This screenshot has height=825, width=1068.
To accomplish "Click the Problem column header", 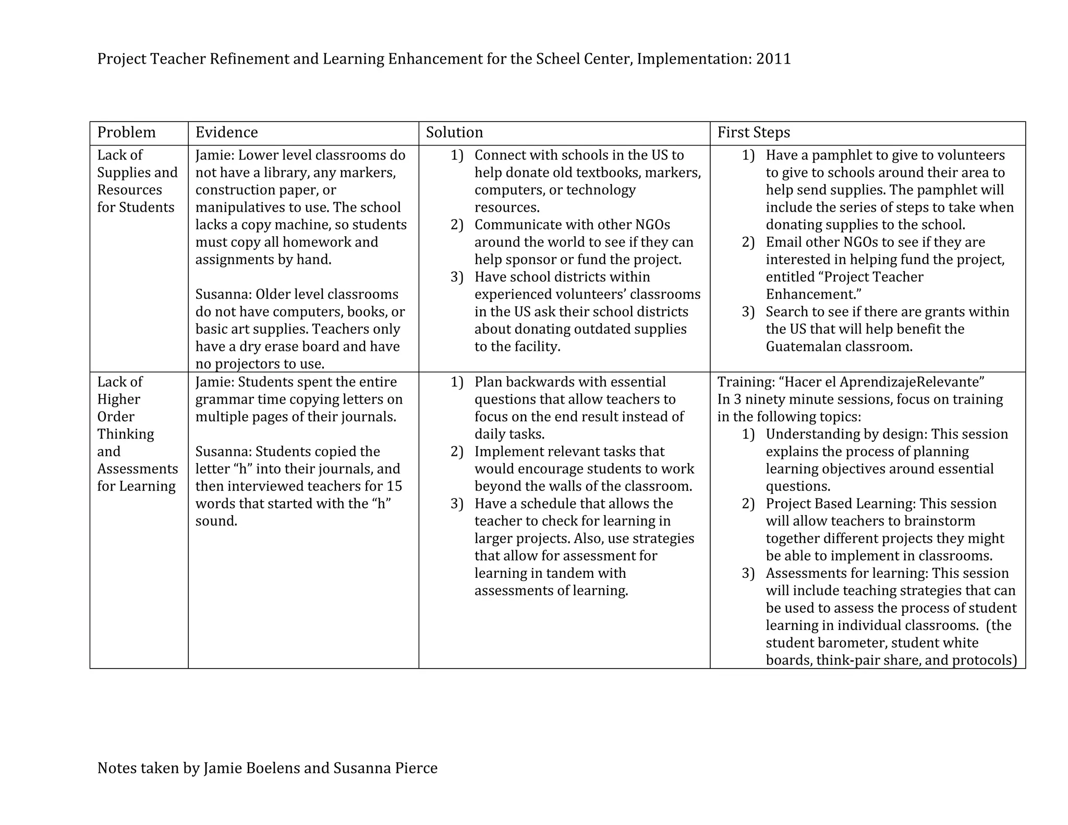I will pyautogui.click(x=126, y=132).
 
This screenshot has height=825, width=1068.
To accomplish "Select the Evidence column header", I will pyautogui.click(x=226, y=132).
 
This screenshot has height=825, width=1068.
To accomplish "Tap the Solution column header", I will pyautogui.click(x=454, y=132).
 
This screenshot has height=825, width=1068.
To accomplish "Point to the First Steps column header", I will pyautogui.click(x=754, y=132).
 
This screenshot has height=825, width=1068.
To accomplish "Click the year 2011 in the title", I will pyautogui.click(x=773, y=59).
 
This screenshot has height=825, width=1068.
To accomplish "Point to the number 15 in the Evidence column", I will pyautogui.click(x=394, y=487).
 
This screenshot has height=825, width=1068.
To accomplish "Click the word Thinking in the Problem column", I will pyautogui.click(x=126, y=434).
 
